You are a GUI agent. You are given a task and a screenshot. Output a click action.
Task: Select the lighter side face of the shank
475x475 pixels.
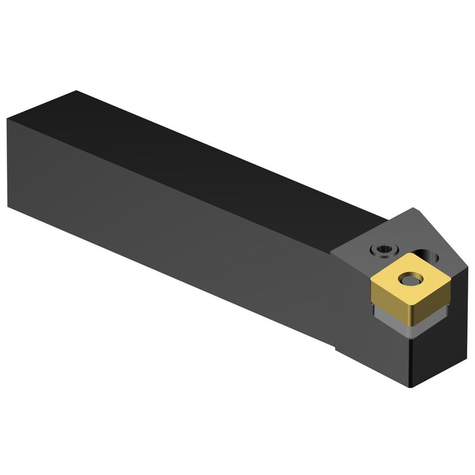(167, 222)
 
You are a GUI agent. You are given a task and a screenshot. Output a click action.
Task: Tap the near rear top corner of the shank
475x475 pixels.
(8, 118)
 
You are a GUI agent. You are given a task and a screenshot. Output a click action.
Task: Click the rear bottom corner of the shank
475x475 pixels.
(8, 206)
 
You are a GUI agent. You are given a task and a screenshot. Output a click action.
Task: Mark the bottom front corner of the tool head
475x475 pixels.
(411, 388)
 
